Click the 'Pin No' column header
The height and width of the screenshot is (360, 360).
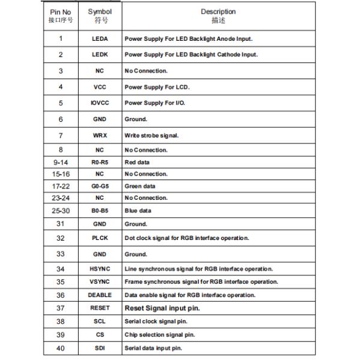pyautogui.click(x=61, y=16)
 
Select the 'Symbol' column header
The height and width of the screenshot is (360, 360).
pyautogui.click(x=100, y=16)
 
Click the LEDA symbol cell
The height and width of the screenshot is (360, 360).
pyautogui.click(x=100, y=39)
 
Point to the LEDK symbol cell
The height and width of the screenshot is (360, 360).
pyautogui.click(x=100, y=55)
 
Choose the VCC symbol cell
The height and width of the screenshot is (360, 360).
pyautogui.click(x=100, y=87)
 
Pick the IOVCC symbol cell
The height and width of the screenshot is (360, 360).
pyautogui.click(x=100, y=103)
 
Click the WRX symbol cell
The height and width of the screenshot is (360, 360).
pyautogui.click(x=100, y=135)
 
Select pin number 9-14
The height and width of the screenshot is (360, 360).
pyautogui.click(x=61, y=162)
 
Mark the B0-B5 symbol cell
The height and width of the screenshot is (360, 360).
pyautogui.click(x=100, y=211)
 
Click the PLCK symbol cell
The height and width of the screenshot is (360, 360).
pyautogui.click(x=100, y=238)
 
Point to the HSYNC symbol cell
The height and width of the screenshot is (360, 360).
pyautogui.click(x=100, y=268)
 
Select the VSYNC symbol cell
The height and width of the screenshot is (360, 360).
pyautogui.click(x=100, y=281)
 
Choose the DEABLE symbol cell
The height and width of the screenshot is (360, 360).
pyautogui.click(x=100, y=295)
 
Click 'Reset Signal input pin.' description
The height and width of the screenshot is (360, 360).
pyautogui.click(x=162, y=308)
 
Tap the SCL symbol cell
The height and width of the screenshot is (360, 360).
pyautogui.click(x=100, y=322)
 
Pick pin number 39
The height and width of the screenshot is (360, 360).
pyautogui.click(x=61, y=335)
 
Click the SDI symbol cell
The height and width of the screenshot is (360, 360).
pyautogui.click(x=100, y=348)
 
